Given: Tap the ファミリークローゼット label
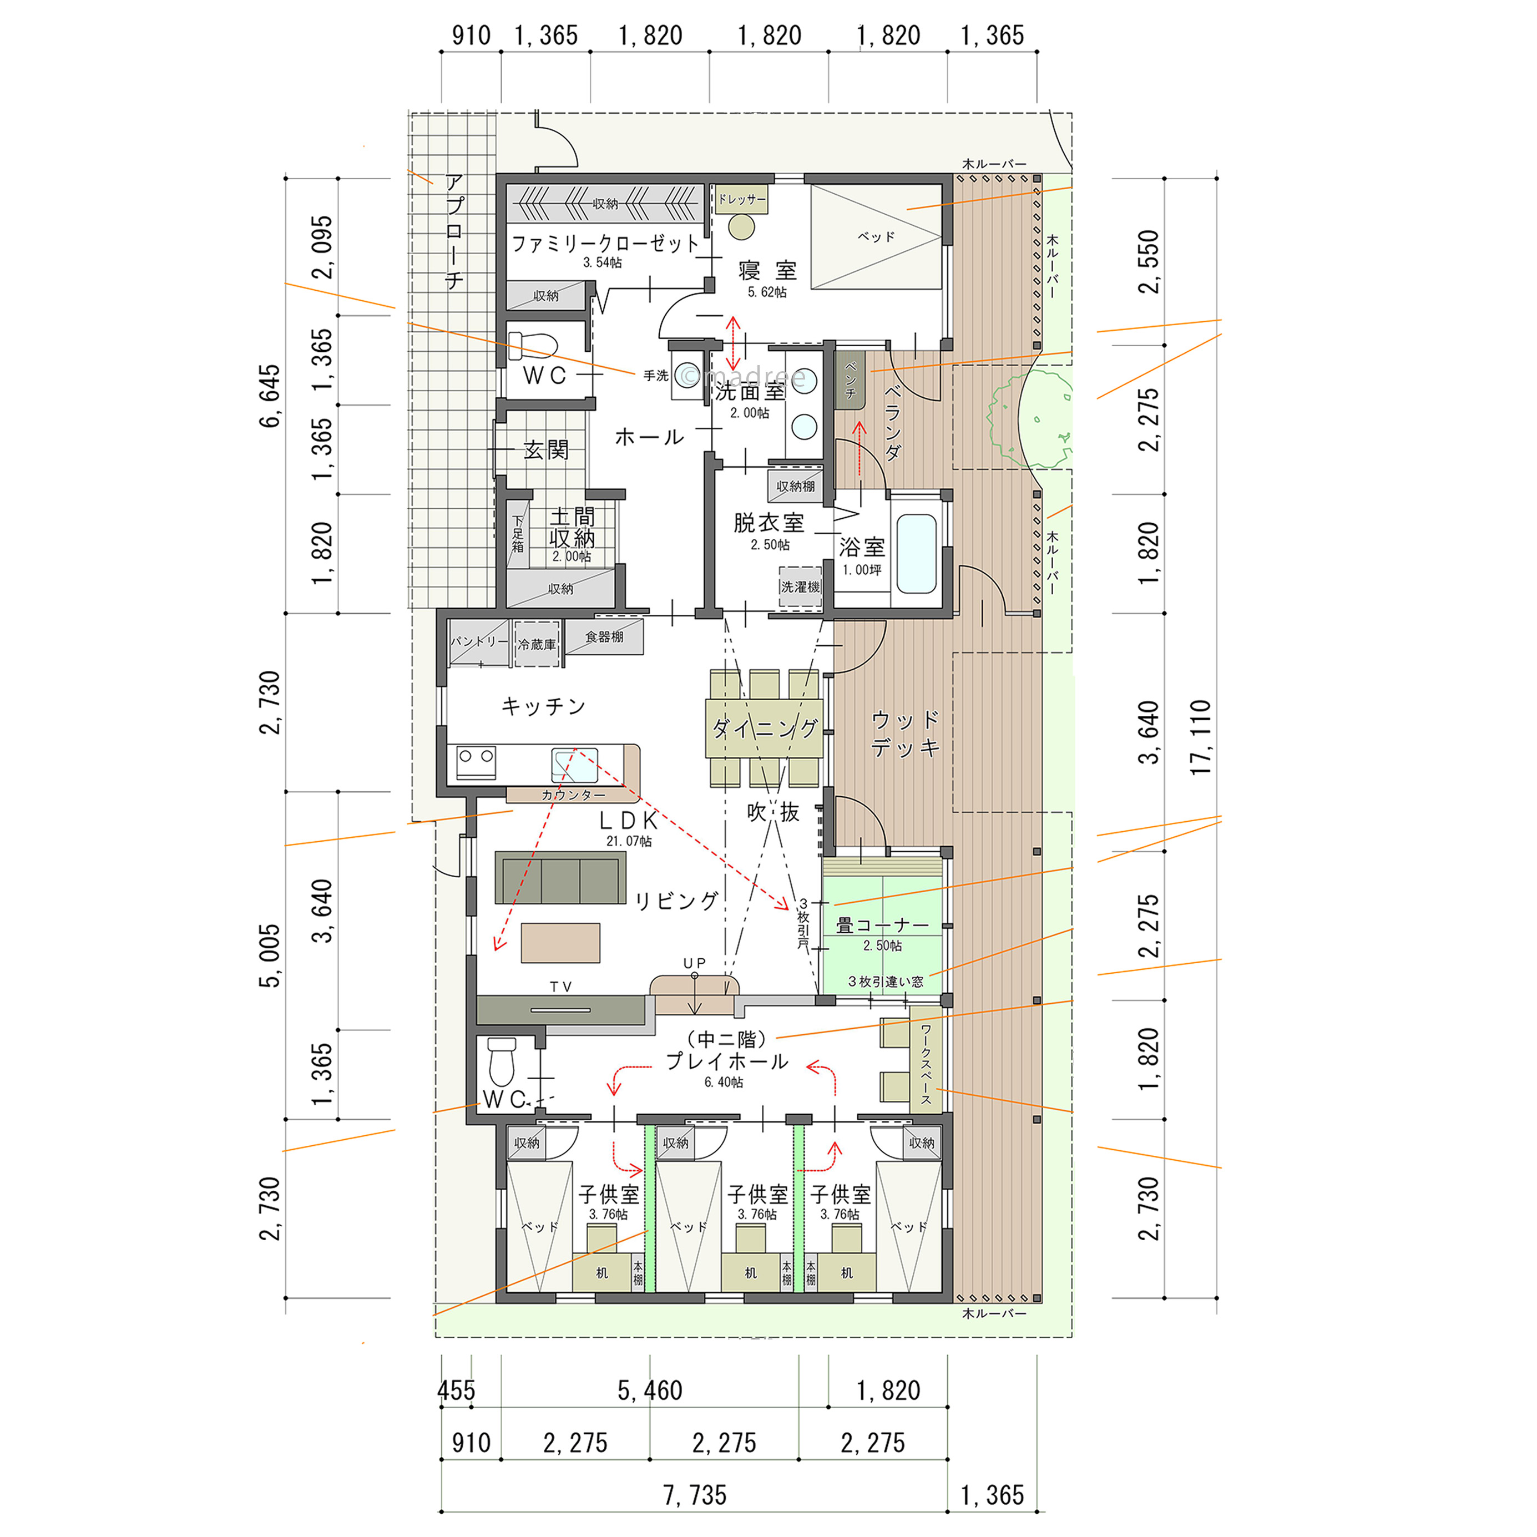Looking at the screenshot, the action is (x=605, y=244).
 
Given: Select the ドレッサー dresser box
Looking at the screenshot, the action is (x=741, y=199).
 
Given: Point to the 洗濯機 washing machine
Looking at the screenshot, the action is (x=800, y=587).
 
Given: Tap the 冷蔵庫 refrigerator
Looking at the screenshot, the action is (x=537, y=644).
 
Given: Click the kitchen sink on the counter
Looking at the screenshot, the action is (x=574, y=765).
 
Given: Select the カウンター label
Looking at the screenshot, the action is (x=573, y=795).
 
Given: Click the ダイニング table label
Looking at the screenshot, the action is (x=765, y=729).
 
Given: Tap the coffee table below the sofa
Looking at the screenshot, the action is (x=561, y=943).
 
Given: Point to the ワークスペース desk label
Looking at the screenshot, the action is (x=926, y=1064).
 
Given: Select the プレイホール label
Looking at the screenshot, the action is (x=726, y=1061).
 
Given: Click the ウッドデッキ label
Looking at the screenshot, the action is (x=906, y=734).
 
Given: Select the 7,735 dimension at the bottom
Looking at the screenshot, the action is (x=695, y=1495).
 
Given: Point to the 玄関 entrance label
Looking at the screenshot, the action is (x=547, y=451).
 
